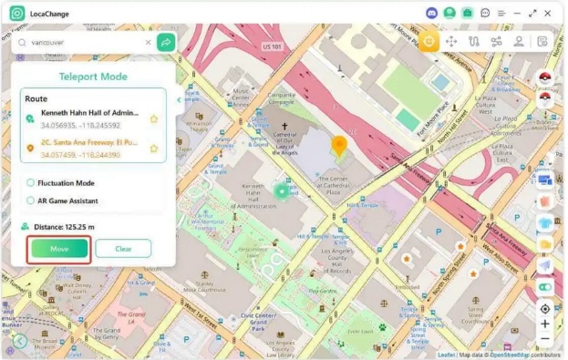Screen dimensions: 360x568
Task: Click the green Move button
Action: [x=59, y=248]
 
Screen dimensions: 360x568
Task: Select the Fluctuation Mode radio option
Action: [x=31, y=183]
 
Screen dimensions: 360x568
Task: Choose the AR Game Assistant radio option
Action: [x=31, y=201]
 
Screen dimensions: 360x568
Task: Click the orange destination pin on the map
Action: [x=338, y=146]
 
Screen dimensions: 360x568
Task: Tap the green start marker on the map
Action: [x=282, y=190]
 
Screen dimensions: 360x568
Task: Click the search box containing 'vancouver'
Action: [x=82, y=42]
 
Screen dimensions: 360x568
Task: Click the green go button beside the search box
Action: [x=166, y=42]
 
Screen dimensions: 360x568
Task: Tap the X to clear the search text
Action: [x=148, y=42]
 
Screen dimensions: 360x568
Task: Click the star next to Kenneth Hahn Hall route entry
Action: [x=154, y=118]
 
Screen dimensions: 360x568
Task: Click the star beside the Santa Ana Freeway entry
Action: [x=154, y=148]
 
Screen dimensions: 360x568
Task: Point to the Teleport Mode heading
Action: [x=93, y=77]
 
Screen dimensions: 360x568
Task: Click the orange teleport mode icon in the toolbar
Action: [x=429, y=41]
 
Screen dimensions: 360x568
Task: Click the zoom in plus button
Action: [x=545, y=324]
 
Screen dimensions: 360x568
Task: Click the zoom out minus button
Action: [x=545, y=339]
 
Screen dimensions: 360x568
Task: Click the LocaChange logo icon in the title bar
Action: [x=16, y=14]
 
